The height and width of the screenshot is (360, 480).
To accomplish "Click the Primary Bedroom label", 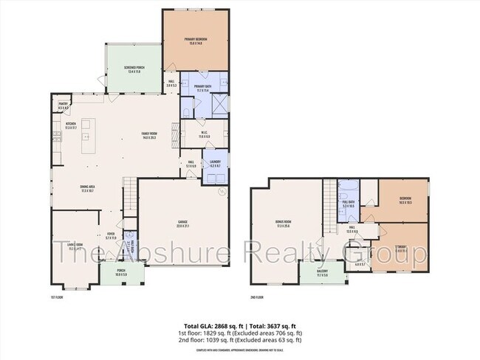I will click(195, 41).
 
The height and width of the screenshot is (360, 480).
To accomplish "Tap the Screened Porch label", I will click(134, 69).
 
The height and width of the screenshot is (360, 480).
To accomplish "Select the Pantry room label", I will click(63, 106).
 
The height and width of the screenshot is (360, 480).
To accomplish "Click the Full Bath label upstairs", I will click(349, 202).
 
